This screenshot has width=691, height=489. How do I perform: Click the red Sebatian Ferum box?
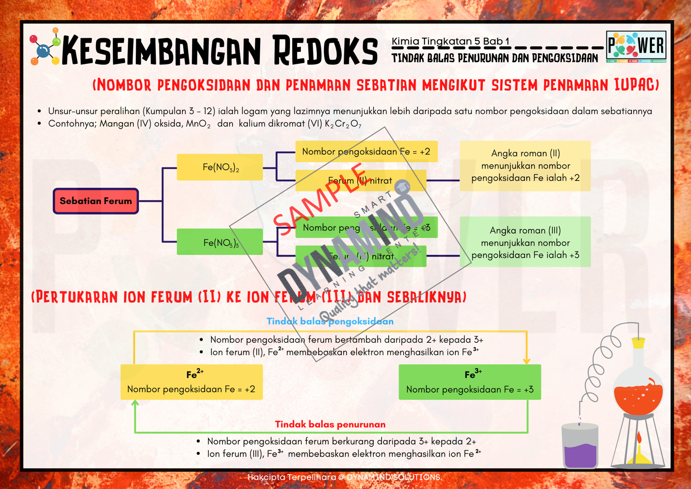[x=96, y=201]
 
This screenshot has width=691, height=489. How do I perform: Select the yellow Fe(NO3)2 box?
[x=220, y=167]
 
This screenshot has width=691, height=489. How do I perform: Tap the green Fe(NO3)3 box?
[x=220, y=242]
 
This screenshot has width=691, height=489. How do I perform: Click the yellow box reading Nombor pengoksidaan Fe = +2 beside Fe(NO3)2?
[x=366, y=152]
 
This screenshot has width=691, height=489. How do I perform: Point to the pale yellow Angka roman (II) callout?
[x=525, y=166]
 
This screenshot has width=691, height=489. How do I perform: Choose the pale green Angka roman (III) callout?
[x=525, y=242]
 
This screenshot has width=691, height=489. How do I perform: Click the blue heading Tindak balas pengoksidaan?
[x=330, y=321]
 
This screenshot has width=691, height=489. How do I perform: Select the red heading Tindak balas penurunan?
[x=330, y=424]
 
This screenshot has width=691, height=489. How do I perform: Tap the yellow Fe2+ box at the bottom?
[x=191, y=382]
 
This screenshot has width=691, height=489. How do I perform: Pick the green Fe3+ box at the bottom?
[x=469, y=382]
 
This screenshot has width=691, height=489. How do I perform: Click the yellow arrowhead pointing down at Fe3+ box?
[x=526, y=361]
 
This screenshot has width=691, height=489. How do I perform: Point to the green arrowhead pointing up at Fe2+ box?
[x=135, y=403]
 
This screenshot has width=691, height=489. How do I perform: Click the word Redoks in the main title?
[x=325, y=51]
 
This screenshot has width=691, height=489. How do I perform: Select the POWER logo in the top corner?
[x=636, y=47]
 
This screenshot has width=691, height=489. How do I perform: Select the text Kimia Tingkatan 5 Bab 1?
[x=450, y=41]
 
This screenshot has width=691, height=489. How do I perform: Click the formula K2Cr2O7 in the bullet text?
[x=343, y=124]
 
